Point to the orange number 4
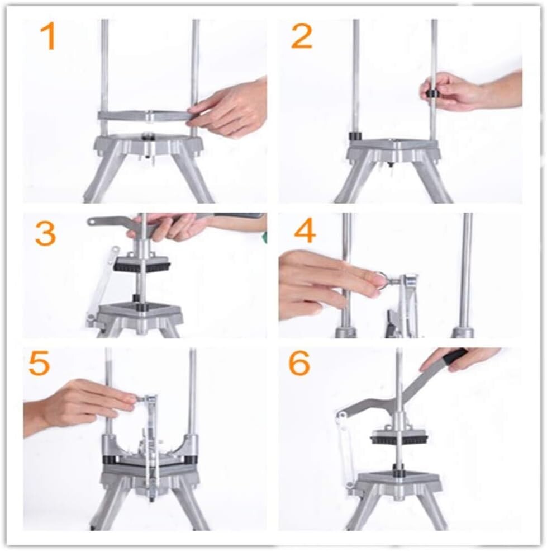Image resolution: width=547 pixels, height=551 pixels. pos(305,232)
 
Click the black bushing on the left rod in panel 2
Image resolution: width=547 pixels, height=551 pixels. pos(354,136)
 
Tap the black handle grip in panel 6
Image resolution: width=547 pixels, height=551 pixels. pos(455,356)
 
